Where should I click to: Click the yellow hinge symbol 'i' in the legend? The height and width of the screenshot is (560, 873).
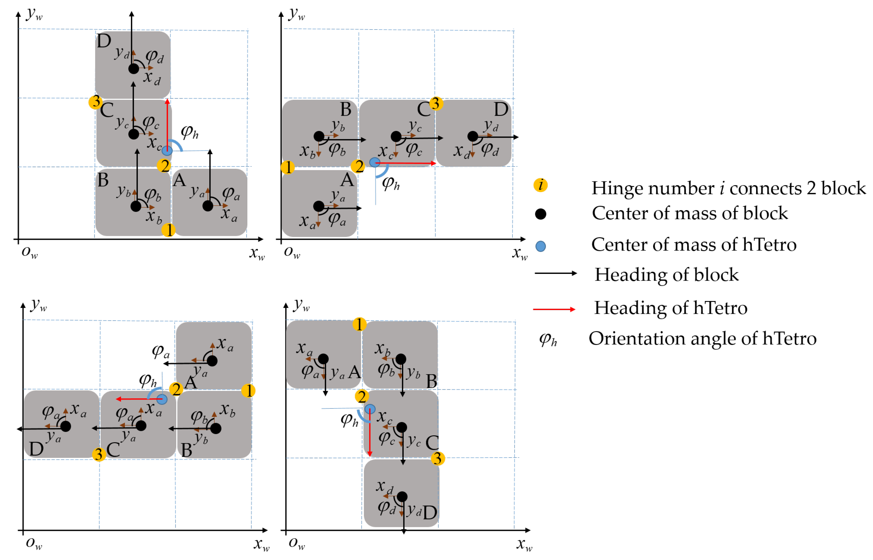(x=540, y=185)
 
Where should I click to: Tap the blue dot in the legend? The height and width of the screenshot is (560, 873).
(x=540, y=246)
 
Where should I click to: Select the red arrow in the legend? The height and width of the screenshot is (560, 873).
(x=554, y=309)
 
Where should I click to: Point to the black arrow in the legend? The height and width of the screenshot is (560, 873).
(x=555, y=273)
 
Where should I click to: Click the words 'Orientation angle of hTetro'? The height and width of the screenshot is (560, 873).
(x=702, y=339)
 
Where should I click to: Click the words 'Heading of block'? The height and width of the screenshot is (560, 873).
(x=666, y=275)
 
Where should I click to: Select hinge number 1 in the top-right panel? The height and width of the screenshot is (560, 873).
(x=287, y=167)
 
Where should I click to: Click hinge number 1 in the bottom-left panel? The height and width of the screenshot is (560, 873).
(x=248, y=391)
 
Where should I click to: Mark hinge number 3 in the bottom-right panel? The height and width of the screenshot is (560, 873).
(x=438, y=459)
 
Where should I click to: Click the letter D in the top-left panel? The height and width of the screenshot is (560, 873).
(x=104, y=41)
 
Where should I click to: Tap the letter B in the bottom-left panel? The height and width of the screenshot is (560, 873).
(x=186, y=450)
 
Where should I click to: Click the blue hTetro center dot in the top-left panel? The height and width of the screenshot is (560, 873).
(x=167, y=150)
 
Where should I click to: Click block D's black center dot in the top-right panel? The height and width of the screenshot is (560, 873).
(x=472, y=136)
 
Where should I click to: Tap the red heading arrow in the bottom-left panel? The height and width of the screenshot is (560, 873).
(x=138, y=399)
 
